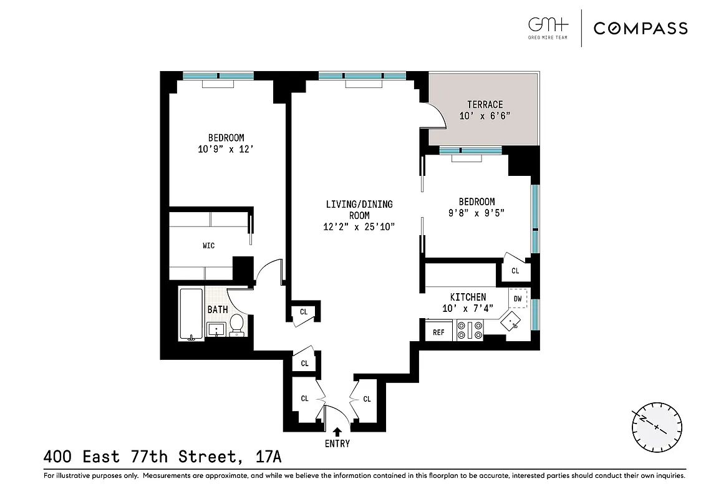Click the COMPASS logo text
[641, 28]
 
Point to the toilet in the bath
[236, 324]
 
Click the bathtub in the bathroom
[191, 314]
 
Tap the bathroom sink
[216, 329]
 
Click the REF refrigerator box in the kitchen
[438, 332]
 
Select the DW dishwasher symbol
[518, 299]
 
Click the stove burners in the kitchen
[470, 329]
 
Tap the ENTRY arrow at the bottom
[337, 431]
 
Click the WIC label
[208, 246]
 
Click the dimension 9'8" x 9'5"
[476, 213]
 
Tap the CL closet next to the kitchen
[515, 271]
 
